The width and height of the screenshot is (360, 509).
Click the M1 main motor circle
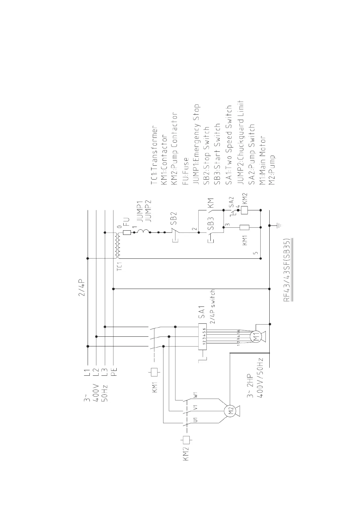pyautogui.click(x=256, y=336)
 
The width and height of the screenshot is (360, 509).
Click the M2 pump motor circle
pyautogui.click(x=230, y=411)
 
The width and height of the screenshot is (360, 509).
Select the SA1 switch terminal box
pyautogui.click(x=202, y=336)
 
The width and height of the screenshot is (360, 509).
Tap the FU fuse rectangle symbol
pyautogui.click(x=127, y=233)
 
